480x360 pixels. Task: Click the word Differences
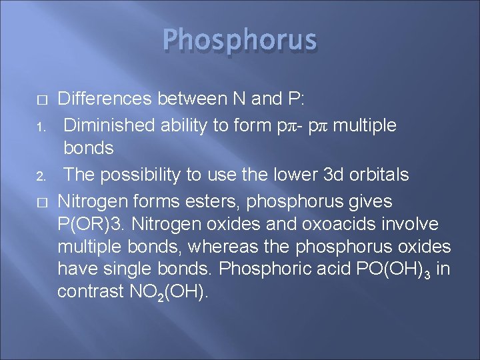click(x=105, y=99)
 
